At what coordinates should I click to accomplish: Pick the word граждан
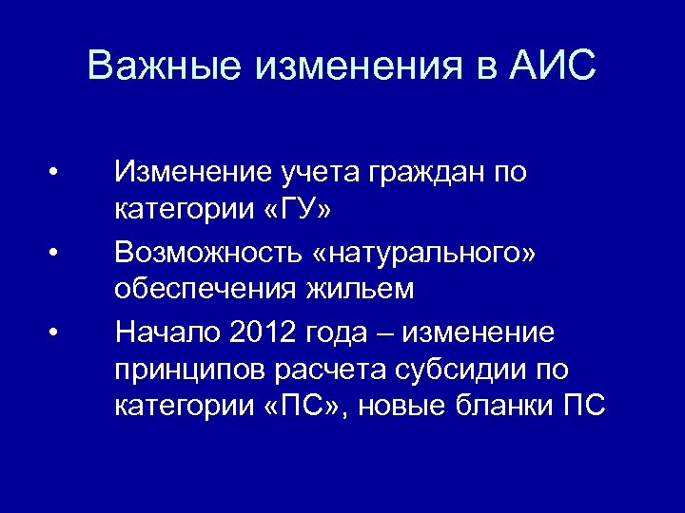pos(415,173)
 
